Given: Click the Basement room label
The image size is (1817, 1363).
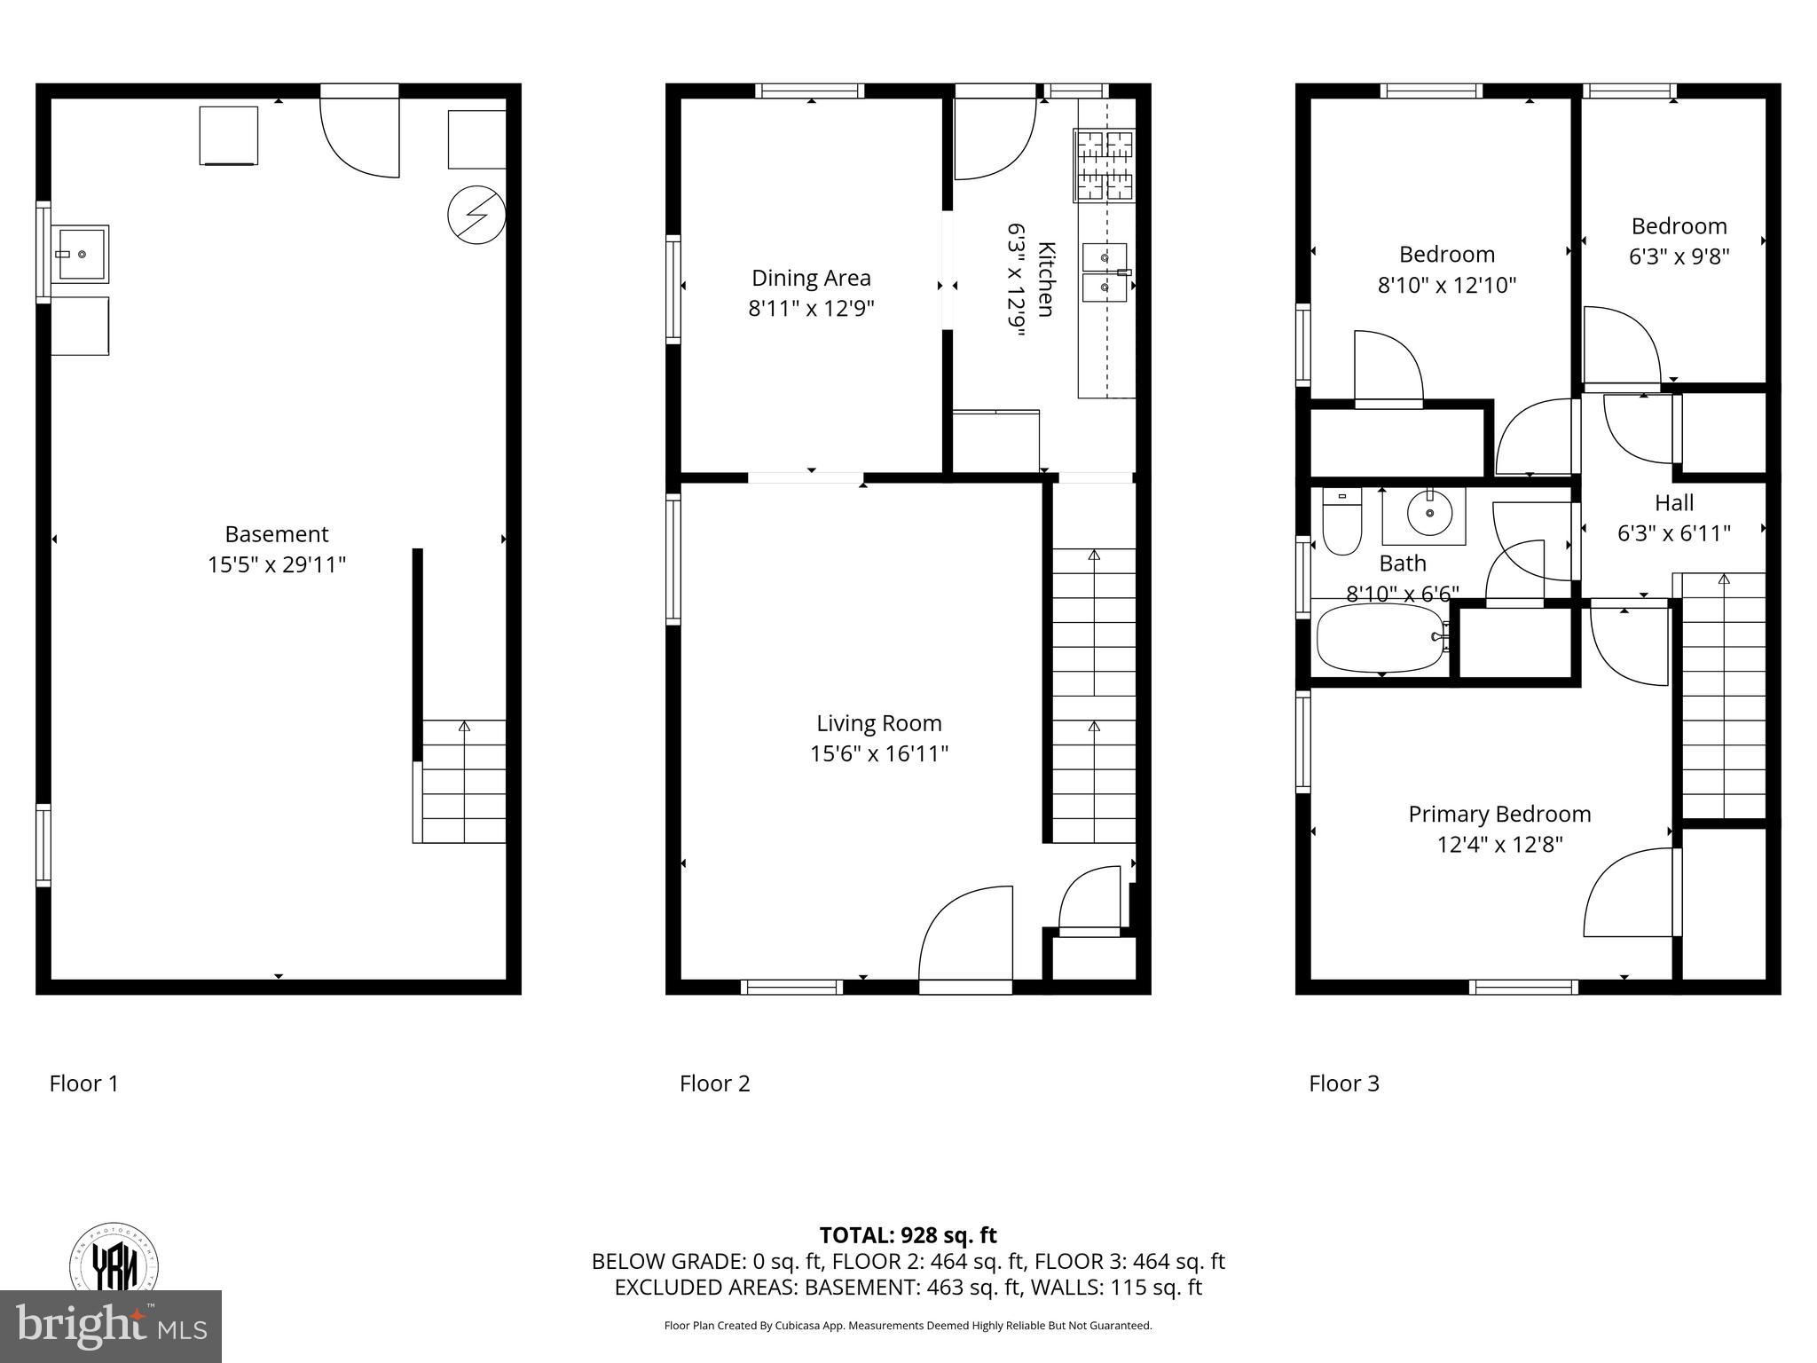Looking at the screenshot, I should pos(277,534).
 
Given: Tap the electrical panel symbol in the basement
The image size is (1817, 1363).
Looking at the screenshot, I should pos(476,216).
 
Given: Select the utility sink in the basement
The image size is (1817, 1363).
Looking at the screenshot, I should pos(81,254).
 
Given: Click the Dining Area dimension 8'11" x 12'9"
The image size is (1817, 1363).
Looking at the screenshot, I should pos(811,309).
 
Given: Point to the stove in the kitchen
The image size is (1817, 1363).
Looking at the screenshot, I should pos(1104,165).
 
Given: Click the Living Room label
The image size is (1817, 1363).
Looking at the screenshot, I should pos(878,723).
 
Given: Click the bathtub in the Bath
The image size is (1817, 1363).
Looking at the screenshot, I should pos(1381,638).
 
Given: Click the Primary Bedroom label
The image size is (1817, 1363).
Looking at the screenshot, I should pos(1499,814).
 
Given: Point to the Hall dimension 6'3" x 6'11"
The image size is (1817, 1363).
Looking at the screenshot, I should pos(1673,533).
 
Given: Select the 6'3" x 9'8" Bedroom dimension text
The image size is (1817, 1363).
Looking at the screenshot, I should pos(1679,256).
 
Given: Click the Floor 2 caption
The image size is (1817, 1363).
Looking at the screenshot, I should pos(714,1083).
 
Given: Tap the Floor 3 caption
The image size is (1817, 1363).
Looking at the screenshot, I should pos(1344,1083).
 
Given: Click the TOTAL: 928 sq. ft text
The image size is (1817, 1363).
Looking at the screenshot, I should pos(908,1235).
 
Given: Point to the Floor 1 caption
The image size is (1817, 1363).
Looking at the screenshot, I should pos(84,1083).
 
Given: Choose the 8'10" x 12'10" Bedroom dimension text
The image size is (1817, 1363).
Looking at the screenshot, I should pos(1446,286).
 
